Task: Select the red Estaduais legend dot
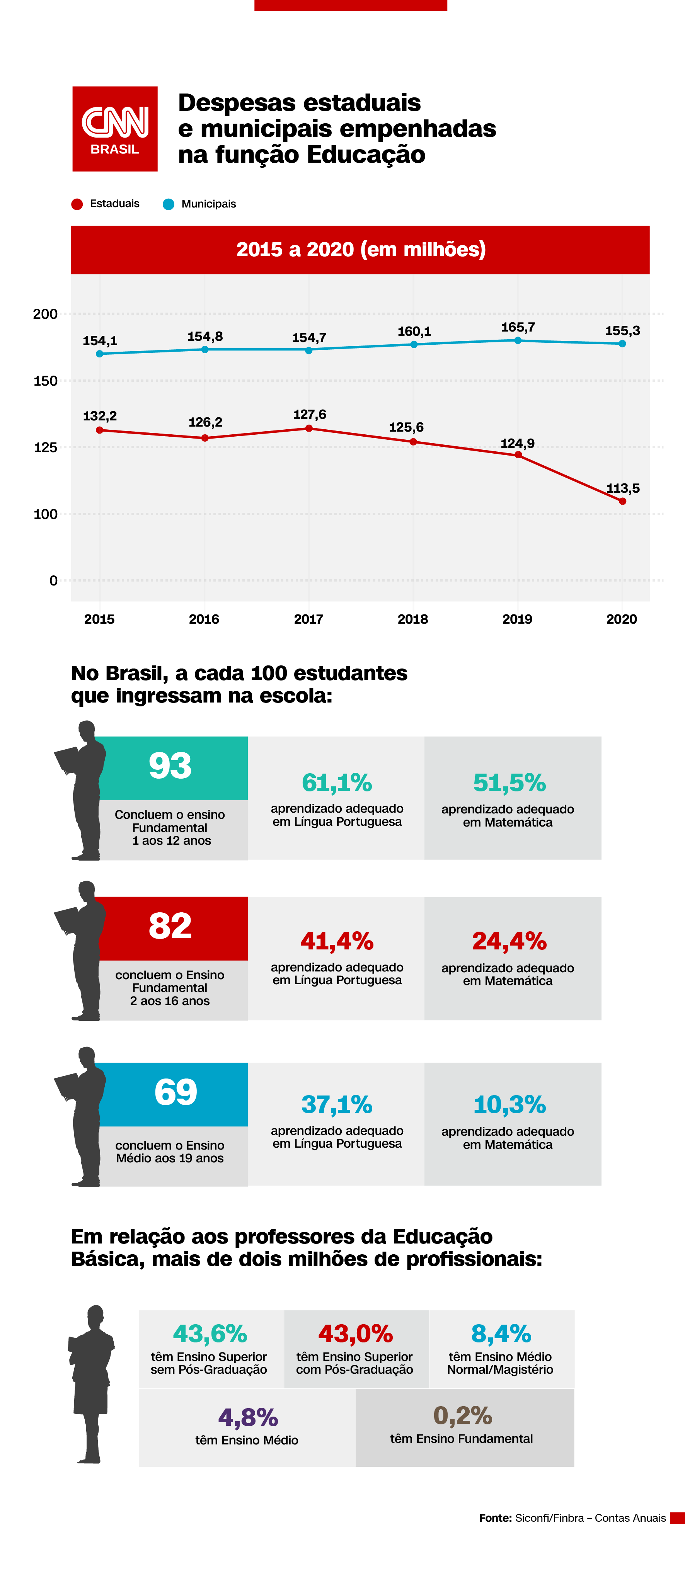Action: (x=77, y=204)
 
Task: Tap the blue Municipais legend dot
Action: (x=168, y=204)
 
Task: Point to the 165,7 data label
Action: (x=517, y=327)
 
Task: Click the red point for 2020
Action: (x=622, y=501)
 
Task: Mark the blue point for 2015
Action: (x=99, y=354)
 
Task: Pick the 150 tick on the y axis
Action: (x=46, y=381)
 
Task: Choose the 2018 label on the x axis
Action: (x=413, y=619)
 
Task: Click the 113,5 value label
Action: (x=623, y=488)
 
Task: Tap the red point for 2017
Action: (x=309, y=428)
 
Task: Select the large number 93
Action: (x=170, y=766)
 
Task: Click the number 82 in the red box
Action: (x=170, y=926)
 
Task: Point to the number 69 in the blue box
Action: (x=176, y=1092)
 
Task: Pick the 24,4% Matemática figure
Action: (x=509, y=941)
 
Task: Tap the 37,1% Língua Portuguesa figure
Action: (x=337, y=1104)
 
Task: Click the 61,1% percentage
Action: (x=337, y=783)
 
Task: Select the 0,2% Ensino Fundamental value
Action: (x=463, y=1415)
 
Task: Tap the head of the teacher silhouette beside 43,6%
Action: (x=95, y=1316)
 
